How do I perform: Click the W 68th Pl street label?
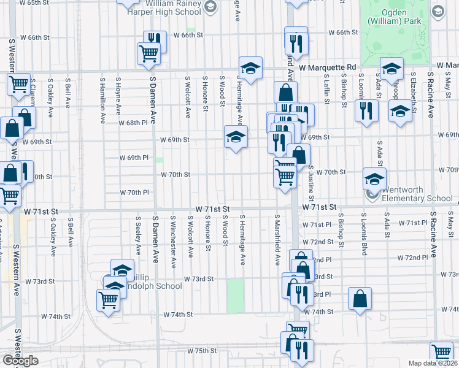[133, 123]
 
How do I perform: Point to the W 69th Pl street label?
[134, 158]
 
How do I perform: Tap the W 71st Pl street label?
[412, 223]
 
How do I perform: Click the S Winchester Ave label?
[174, 242]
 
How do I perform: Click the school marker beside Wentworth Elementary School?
[374, 178]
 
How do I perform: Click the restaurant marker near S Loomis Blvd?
[366, 111]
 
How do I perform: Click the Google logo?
[20, 361]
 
